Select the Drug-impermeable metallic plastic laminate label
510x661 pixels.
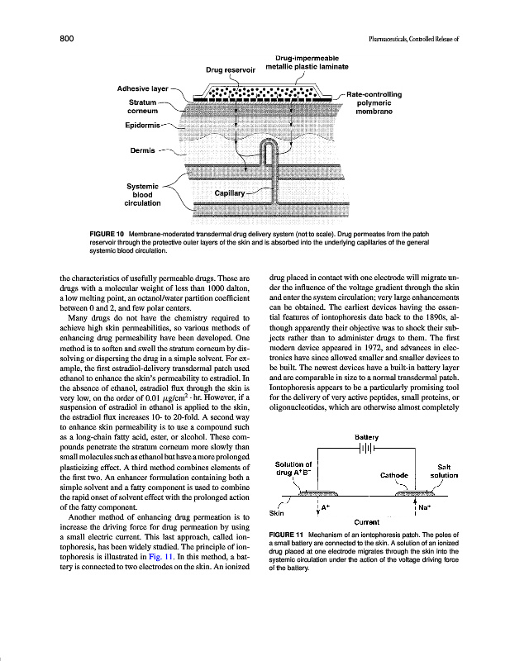[307, 62]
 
